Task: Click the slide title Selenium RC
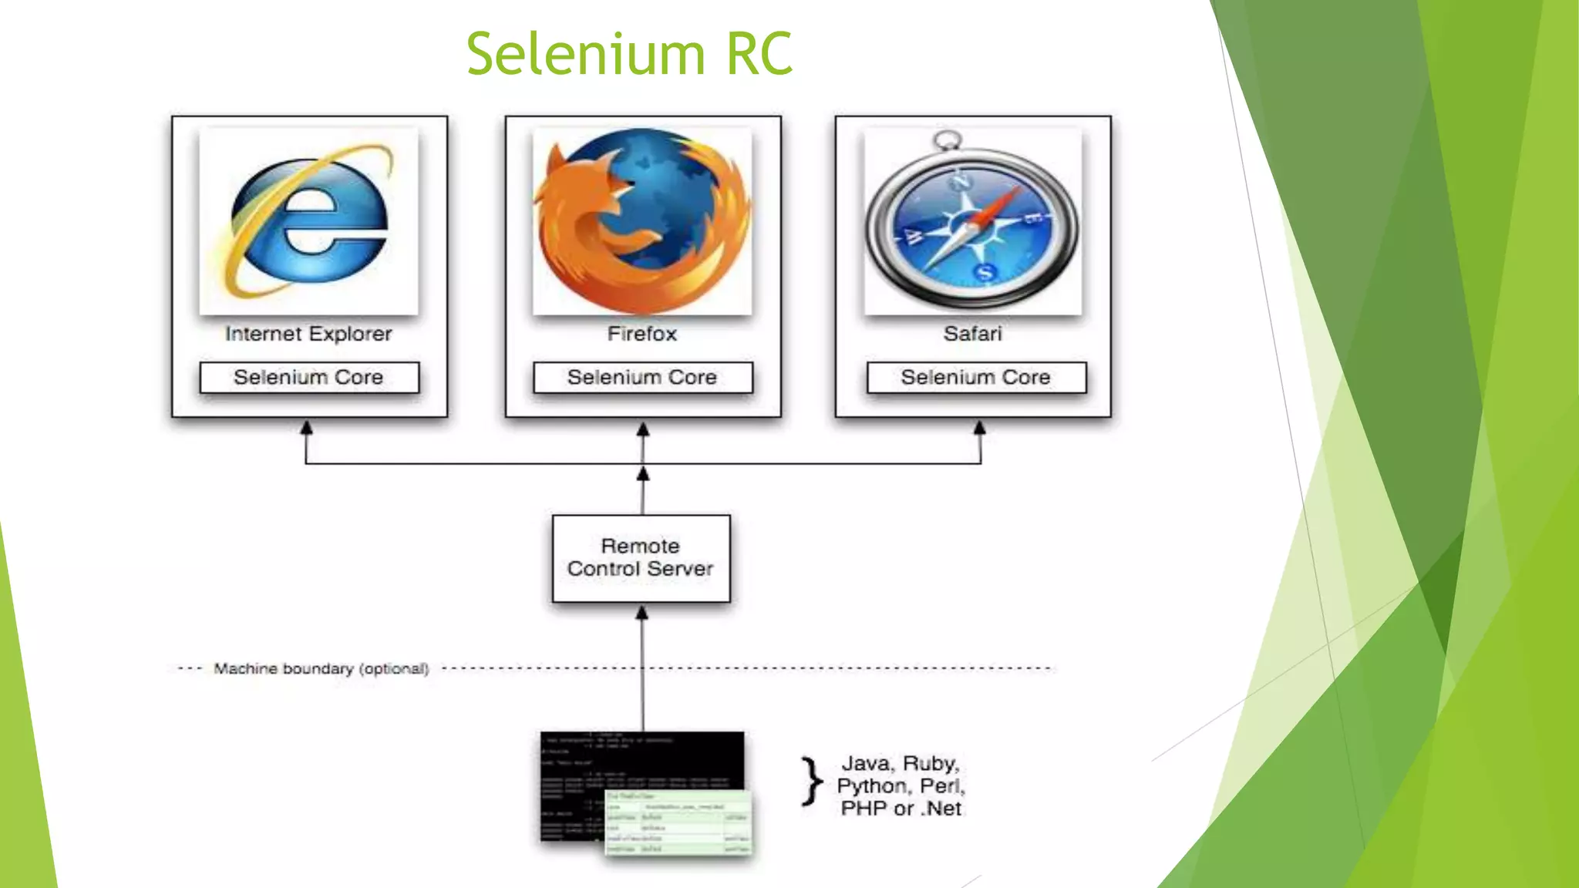click(x=629, y=54)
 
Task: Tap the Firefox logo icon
click(x=642, y=220)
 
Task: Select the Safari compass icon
click(x=973, y=227)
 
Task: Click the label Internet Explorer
click(x=308, y=334)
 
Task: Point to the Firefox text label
click(x=641, y=334)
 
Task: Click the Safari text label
click(x=972, y=334)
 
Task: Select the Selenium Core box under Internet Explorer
click(x=308, y=378)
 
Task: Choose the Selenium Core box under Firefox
click(x=642, y=378)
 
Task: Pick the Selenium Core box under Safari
click(x=975, y=378)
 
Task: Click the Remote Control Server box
click(x=641, y=558)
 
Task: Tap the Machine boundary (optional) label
click(x=321, y=668)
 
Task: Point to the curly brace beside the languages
click(x=811, y=782)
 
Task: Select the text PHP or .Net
click(x=901, y=809)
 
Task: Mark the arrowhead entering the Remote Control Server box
click(x=641, y=613)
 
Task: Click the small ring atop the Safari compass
click(x=946, y=140)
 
